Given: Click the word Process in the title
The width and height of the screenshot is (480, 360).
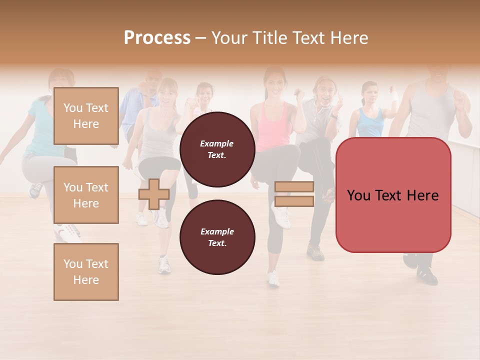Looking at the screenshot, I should coord(157,38).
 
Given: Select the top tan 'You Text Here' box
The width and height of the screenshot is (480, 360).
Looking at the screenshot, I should coord(86,116).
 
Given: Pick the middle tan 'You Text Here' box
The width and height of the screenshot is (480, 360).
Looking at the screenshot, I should coord(86,195).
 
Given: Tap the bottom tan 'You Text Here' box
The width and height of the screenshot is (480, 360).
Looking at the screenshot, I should coord(86,271).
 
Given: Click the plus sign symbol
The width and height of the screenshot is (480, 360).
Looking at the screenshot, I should coord(153,194).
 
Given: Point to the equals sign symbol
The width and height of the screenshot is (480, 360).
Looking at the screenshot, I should coord(294,194).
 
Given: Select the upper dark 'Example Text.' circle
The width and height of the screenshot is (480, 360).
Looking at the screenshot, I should coord(217,149).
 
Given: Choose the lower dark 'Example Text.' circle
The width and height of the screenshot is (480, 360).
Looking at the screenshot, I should coord(217,237).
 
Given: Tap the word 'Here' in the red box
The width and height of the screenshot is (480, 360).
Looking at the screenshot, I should coord(422,195).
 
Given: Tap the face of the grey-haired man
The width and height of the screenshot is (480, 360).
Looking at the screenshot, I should coord(322,91).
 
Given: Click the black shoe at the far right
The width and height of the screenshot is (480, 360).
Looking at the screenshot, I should coord(427,274).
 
